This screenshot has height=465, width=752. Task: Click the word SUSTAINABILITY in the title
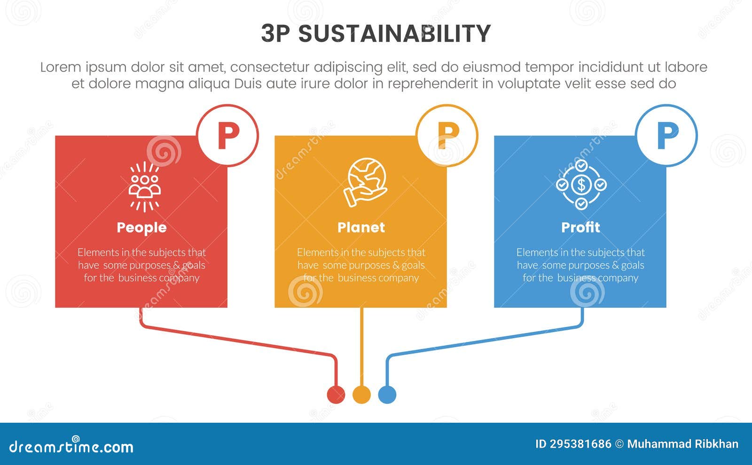(394, 34)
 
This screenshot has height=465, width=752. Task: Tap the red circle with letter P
(228, 135)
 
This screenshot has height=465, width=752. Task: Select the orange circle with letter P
(447, 135)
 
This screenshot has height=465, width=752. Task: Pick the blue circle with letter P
(666, 135)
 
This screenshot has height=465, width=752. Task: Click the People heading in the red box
(141, 227)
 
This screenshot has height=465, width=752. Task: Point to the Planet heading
(361, 227)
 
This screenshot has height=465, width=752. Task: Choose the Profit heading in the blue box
(580, 227)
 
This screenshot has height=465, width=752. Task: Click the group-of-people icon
(145, 186)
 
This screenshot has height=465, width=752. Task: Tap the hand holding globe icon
(365, 182)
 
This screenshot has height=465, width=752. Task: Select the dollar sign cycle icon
(581, 185)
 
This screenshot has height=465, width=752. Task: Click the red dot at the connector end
(336, 395)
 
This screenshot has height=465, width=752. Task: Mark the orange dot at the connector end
(361, 395)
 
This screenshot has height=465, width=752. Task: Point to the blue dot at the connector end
(387, 395)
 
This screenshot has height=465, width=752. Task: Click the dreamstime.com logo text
(71, 446)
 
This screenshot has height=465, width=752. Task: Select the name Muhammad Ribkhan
(682, 444)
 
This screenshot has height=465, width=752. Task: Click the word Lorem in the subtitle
(61, 67)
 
